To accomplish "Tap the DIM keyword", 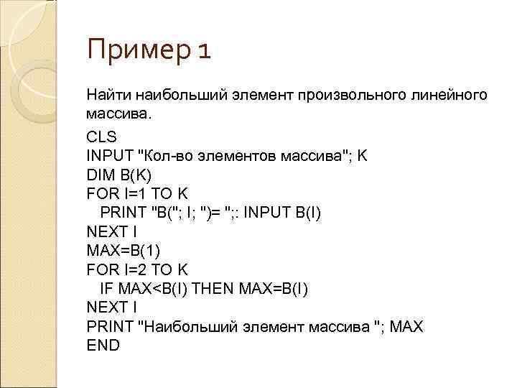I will coord(98,174).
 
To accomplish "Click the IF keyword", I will coord(107,288).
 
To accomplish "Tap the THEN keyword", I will coord(209,288).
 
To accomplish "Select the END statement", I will coord(103,345).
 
